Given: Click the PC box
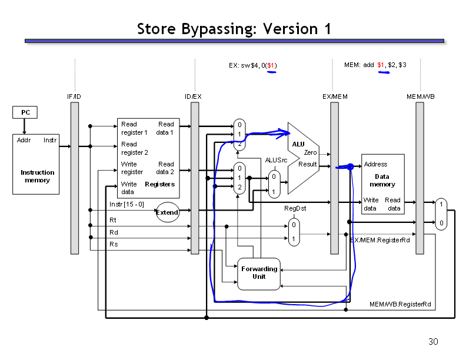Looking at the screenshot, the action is (x=25, y=112).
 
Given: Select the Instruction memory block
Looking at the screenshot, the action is (x=36, y=164).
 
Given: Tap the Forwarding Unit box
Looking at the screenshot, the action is (x=259, y=274).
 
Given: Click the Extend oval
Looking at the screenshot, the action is (x=167, y=212).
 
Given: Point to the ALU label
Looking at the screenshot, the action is (x=298, y=144).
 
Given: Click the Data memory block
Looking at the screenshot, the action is (x=383, y=184).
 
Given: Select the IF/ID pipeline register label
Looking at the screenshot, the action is (x=74, y=96).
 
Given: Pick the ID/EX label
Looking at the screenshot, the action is (x=193, y=96).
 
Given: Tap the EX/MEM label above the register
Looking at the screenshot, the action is (x=335, y=96).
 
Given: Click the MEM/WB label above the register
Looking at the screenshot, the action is (x=421, y=96).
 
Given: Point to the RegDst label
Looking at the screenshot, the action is (x=295, y=208).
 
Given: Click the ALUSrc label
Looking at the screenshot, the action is (x=276, y=160).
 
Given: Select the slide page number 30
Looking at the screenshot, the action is (x=433, y=342).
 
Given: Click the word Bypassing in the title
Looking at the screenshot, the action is (x=219, y=29).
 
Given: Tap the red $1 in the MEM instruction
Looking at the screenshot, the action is (x=381, y=65).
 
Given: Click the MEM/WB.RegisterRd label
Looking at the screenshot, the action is (x=400, y=304).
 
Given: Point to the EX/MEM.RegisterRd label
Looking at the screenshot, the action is (x=380, y=240).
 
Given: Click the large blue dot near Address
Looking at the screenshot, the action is (x=351, y=166).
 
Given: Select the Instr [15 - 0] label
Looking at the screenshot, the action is (x=127, y=204).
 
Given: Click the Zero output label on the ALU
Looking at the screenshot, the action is (x=310, y=152).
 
